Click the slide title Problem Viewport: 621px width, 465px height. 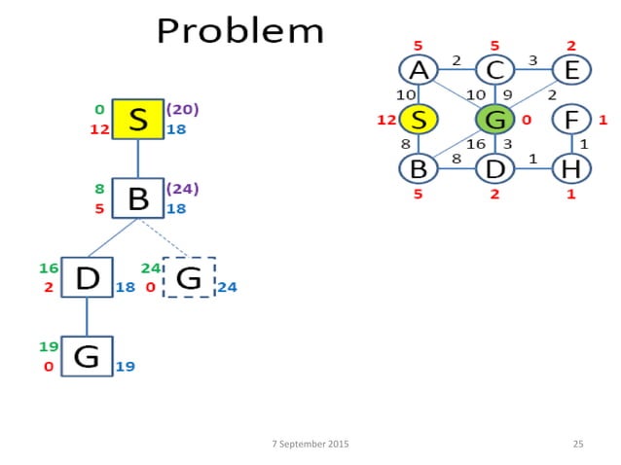click(239, 31)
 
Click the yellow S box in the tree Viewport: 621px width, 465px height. click(137, 121)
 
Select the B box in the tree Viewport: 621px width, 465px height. click(137, 198)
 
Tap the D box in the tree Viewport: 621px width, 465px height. click(87, 279)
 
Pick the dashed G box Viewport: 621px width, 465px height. click(189, 279)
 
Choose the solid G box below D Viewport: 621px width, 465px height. click(87, 357)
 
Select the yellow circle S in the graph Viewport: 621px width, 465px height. click(418, 120)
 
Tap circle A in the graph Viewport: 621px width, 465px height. click(418, 70)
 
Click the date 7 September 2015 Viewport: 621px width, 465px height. click(310, 444)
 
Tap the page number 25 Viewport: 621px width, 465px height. click(578, 444)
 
